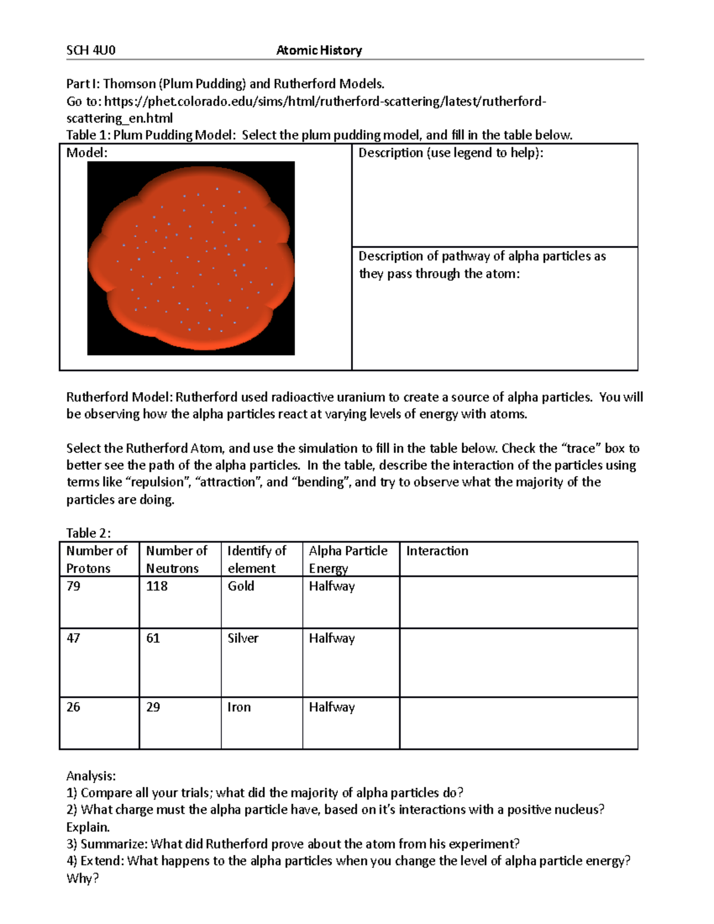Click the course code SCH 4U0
click(x=90, y=51)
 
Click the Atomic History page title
click(x=319, y=51)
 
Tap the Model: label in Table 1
click(x=87, y=153)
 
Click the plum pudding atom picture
click(x=191, y=258)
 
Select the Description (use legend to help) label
click(x=450, y=153)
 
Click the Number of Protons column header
click(x=97, y=559)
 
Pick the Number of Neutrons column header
click(x=177, y=559)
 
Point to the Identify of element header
click(x=257, y=559)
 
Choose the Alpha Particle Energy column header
click(x=348, y=559)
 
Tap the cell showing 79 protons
click(x=74, y=586)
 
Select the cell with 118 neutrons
click(x=157, y=586)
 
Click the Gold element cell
click(x=241, y=586)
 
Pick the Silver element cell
click(x=243, y=638)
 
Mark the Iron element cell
click(x=239, y=707)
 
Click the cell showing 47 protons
click(x=74, y=638)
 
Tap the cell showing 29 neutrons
click(x=154, y=707)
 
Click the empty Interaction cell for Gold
click(x=518, y=602)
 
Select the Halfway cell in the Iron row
click(x=331, y=707)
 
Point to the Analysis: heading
click(x=91, y=776)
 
